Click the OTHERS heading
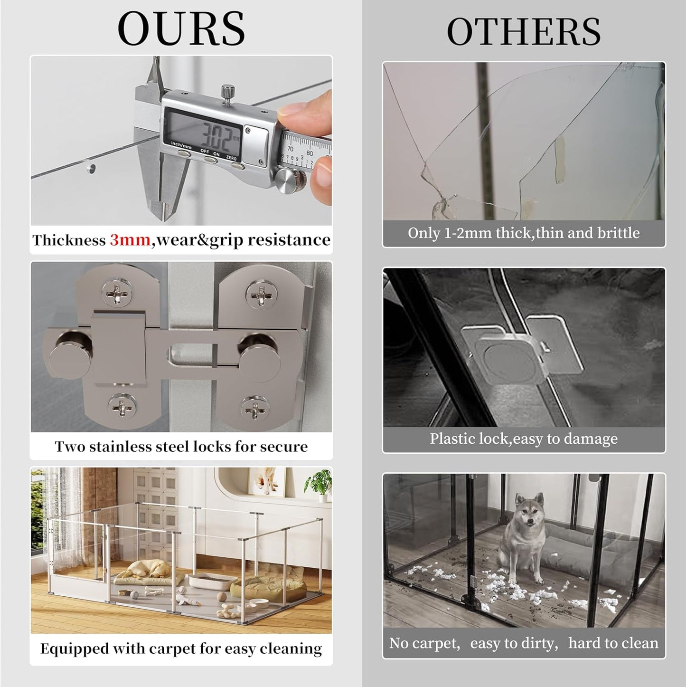click(524, 31)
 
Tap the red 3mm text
click(130, 240)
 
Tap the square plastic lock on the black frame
click(505, 354)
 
